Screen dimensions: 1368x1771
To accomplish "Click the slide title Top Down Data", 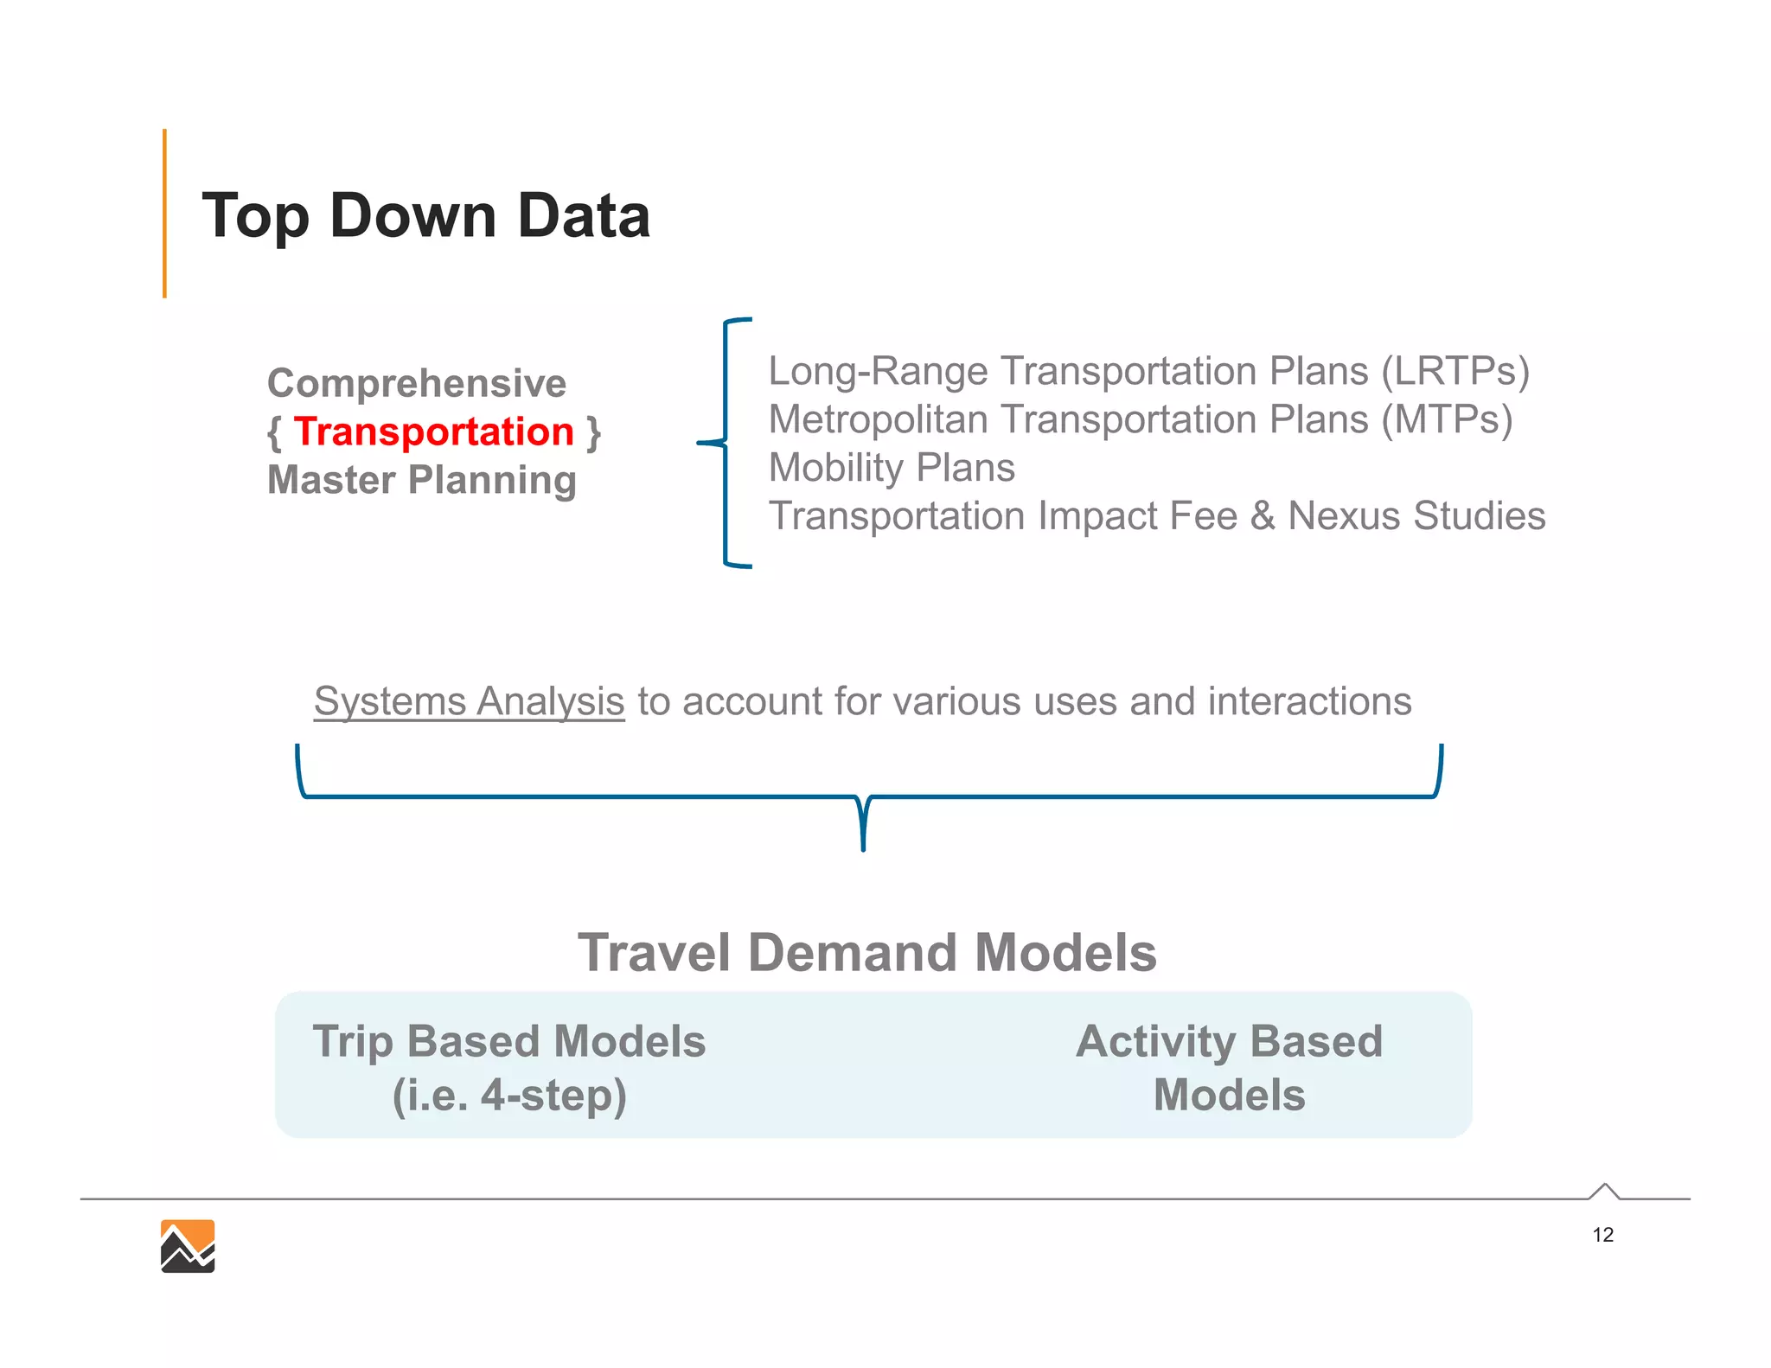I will click(425, 215).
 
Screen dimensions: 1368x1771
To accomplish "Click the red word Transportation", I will click(433, 431).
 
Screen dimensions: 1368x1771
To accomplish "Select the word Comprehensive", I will click(416, 383).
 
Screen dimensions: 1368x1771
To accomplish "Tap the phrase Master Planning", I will click(421, 480).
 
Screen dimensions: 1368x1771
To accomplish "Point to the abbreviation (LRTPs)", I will click(1455, 371).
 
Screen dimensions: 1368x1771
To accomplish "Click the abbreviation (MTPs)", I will click(1446, 419).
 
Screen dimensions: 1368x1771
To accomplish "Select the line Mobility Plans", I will click(891, 468).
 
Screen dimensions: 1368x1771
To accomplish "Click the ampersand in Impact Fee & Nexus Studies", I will click(1263, 516).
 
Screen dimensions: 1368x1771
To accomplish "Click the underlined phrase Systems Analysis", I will click(469, 701).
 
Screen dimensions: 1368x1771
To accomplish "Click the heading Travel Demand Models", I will click(866, 953).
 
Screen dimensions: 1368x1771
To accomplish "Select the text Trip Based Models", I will click(508, 1041).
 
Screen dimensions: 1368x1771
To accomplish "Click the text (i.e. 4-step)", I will click(508, 1096).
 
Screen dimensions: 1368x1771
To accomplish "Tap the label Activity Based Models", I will click(1229, 1068).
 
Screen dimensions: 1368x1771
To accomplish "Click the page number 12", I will click(1602, 1235).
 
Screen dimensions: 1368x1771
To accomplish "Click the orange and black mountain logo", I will click(188, 1246).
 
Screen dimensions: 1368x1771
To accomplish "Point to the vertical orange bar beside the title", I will click(164, 214).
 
